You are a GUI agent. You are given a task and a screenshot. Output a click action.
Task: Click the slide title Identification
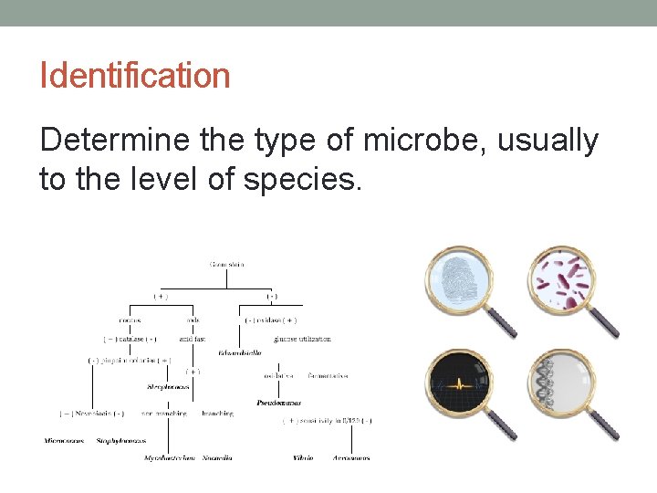tap(134, 75)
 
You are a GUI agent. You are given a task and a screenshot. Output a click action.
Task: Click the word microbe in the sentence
tap(408, 141)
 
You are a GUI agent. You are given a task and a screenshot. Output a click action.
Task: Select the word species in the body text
tap(303, 180)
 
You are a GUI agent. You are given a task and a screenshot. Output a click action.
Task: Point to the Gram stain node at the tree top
tap(227, 266)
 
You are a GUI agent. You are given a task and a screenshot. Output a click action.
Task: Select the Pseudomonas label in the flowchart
tap(279, 402)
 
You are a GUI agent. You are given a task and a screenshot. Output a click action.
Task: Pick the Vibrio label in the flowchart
tap(304, 456)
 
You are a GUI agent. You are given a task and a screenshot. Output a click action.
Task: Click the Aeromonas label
tap(351, 456)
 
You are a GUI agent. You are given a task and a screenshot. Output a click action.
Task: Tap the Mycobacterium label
tap(169, 457)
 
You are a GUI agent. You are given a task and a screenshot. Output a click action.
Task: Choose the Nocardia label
tap(216, 457)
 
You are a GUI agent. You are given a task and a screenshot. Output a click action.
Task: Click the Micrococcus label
tap(64, 441)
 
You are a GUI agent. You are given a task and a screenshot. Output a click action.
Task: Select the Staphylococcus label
tap(121, 441)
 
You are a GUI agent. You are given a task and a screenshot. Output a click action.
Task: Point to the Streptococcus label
tap(168, 387)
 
